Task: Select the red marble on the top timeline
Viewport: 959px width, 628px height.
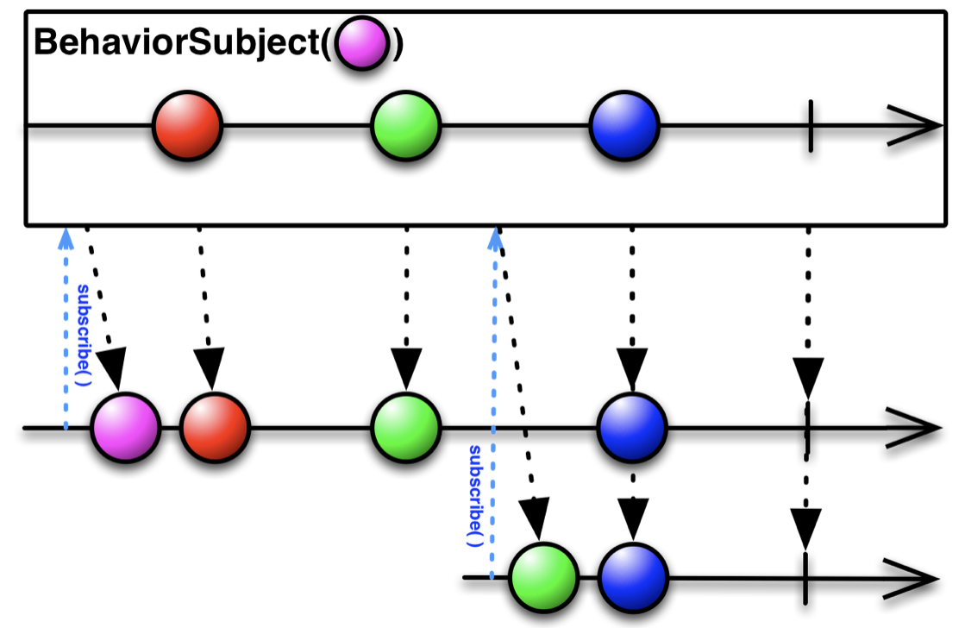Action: click(x=187, y=126)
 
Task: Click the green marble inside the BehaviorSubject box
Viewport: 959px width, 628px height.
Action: click(x=405, y=126)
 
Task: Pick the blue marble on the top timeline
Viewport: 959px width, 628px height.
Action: click(x=624, y=126)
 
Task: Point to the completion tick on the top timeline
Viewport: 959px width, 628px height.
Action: click(x=810, y=126)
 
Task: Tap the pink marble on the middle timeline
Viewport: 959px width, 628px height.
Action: click(x=126, y=428)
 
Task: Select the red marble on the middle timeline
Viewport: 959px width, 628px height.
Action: click(x=214, y=428)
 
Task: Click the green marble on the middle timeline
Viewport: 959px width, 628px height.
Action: click(x=405, y=428)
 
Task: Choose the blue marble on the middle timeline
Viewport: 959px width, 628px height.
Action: click(x=631, y=428)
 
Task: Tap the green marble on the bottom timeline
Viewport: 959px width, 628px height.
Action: click(x=542, y=576)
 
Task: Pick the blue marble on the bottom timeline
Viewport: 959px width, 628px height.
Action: click(x=633, y=576)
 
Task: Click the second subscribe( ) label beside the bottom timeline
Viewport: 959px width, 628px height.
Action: click(x=474, y=495)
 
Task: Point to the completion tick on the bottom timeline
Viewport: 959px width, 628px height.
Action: click(x=805, y=576)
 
